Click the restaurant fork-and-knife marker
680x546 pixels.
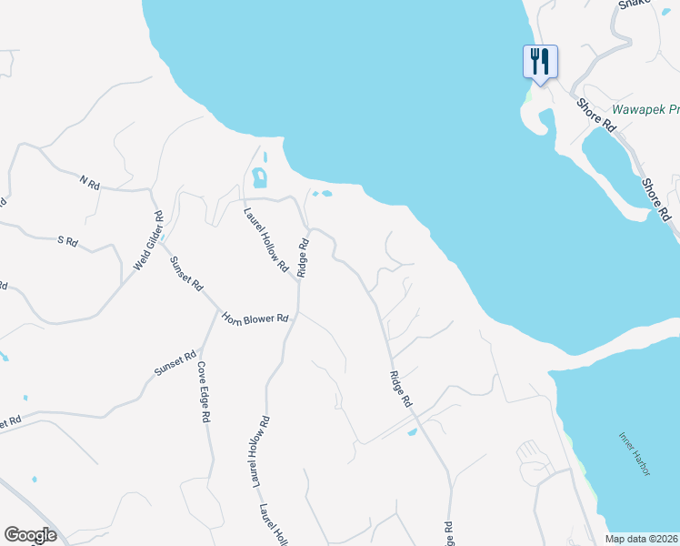[540, 62]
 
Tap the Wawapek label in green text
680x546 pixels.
[645, 109]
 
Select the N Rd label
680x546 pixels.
[89, 183]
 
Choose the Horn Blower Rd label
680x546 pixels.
[255, 318]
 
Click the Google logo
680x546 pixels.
[30, 535]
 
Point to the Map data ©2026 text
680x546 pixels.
[641, 539]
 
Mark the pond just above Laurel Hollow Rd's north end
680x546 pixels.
[260, 177]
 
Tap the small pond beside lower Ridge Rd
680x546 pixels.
[412, 432]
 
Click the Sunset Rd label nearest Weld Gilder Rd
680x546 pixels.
[185, 273]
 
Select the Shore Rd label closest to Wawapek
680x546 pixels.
[596, 116]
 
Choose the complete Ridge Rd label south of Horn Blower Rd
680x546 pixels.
[401, 389]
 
